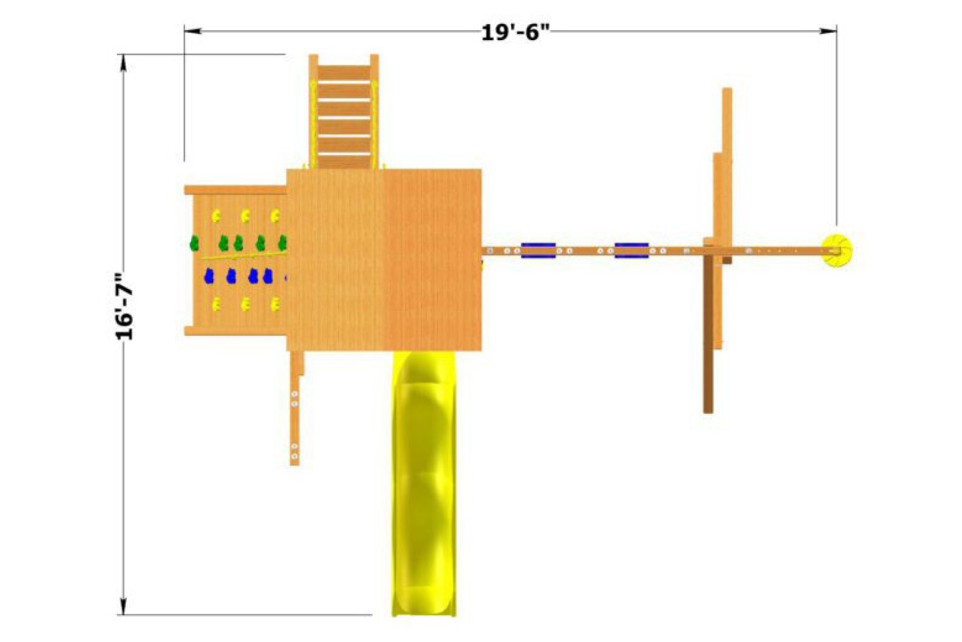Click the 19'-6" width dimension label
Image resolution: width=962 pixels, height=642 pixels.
click(515, 31)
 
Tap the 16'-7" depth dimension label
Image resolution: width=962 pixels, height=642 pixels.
click(124, 306)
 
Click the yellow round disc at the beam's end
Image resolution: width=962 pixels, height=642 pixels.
click(837, 250)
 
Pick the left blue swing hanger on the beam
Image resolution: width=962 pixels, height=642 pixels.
click(538, 250)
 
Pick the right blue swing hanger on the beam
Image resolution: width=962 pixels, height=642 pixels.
click(631, 250)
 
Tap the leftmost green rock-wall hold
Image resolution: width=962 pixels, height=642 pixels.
click(194, 243)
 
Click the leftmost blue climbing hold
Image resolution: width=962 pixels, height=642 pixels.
click(209, 276)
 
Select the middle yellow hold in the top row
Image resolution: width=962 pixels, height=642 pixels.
click(245, 216)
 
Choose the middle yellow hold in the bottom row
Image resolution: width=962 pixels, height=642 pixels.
click(245, 305)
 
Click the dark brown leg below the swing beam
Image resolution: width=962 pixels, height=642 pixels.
click(708, 334)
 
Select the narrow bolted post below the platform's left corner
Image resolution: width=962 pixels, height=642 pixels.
click(295, 418)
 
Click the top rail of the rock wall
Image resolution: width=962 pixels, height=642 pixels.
click(235, 190)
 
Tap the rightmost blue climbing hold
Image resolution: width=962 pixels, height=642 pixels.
click(268, 276)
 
